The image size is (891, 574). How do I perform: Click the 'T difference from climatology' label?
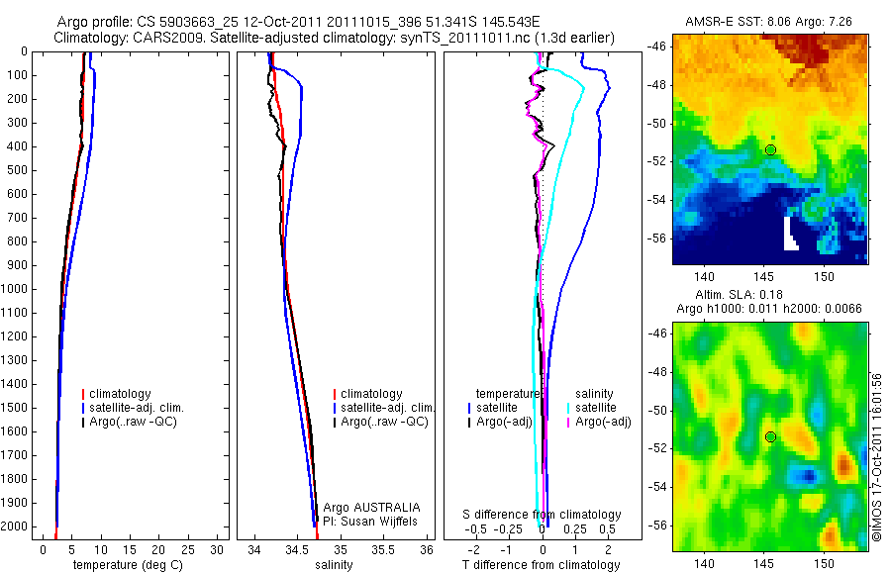541,565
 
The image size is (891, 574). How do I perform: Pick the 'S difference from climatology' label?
543,515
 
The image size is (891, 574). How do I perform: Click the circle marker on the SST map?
770,149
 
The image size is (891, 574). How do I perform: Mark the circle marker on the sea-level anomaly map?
770,436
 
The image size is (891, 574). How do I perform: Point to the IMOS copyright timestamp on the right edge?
877,457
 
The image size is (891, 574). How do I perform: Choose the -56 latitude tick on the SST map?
657,238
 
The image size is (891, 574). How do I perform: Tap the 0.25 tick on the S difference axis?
575,529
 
